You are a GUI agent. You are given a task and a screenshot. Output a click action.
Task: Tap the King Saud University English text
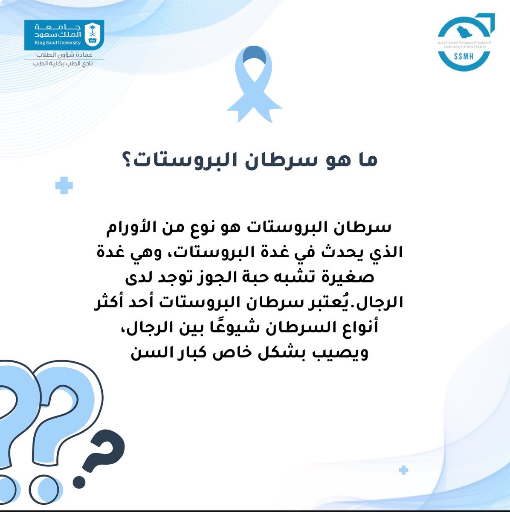pyautogui.click(x=58, y=43)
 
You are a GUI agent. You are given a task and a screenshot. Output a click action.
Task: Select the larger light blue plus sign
pyautogui.click(x=64, y=186)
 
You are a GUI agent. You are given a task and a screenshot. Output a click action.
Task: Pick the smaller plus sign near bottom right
pyautogui.click(x=403, y=470)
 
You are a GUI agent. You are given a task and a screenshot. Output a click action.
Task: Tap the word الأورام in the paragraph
pyautogui.click(x=126, y=227)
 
